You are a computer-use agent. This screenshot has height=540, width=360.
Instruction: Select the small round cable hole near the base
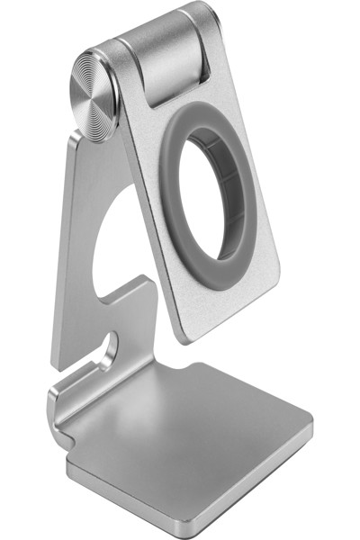pos(110,346)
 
